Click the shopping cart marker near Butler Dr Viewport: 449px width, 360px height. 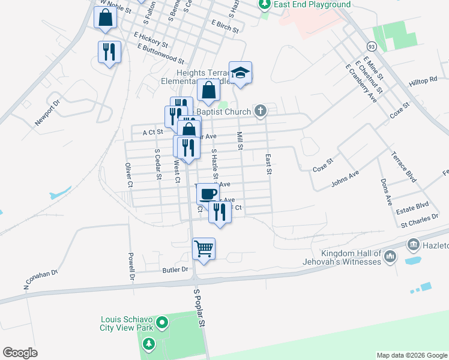point(204,248)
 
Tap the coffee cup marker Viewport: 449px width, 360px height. point(208,194)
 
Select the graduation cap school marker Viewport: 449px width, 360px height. point(240,72)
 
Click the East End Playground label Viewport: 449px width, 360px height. point(312,5)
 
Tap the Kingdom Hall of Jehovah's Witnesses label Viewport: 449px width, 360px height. point(351,257)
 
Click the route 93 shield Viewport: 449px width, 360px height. point(372,46)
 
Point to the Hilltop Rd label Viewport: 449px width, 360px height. point(423,80)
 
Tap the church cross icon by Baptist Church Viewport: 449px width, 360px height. point(260,110)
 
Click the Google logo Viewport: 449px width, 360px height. point(20,353)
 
